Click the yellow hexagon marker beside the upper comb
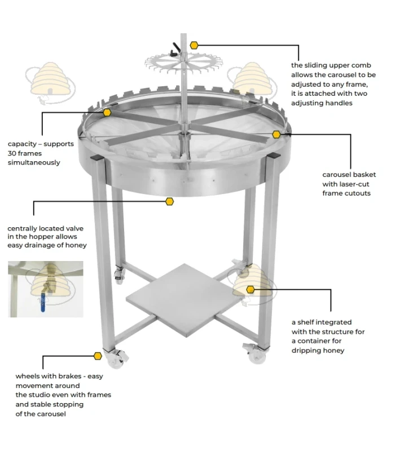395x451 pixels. click(x=194, y=45)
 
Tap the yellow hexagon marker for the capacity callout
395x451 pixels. click(x=107, y=112)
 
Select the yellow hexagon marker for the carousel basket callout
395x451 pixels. click(x=276, y=134)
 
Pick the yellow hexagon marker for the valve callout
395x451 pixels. click(x=170, y=201)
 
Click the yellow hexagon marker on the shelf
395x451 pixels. click(x=251, y=289)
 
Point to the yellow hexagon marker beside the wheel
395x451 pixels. click(x=98, y=356)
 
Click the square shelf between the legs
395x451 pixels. click(x=185, y=300)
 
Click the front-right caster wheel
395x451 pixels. click(x=257, y=354)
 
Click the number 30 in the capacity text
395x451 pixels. click(x=12, y=153)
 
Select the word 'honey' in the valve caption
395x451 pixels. click(x=76, y=245)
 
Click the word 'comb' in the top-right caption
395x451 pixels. click(x=364, y=65)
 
